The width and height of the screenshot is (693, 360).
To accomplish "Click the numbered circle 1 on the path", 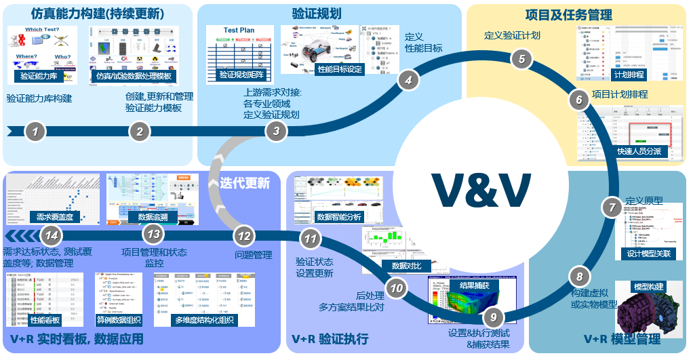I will (x=35, y=132).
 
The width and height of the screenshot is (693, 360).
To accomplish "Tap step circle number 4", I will (x=408, y=80).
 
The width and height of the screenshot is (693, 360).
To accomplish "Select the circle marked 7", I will (x=611, y=207).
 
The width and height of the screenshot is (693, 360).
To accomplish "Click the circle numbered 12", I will (x=244, y=236).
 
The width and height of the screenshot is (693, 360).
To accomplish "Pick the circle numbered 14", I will (x=50, y=235).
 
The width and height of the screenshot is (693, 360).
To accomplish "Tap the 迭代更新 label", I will (x=245, y=183).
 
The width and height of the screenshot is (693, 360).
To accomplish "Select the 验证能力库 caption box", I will (x=39, y=77).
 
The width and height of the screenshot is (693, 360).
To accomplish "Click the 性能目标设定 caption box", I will (x=340, y=69).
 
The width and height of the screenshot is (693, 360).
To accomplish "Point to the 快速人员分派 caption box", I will (x=637, y=152).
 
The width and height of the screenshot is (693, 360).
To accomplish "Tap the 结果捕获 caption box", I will (x=476, y=286).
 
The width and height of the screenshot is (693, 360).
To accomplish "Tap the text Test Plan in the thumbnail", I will (x=239, y=30).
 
